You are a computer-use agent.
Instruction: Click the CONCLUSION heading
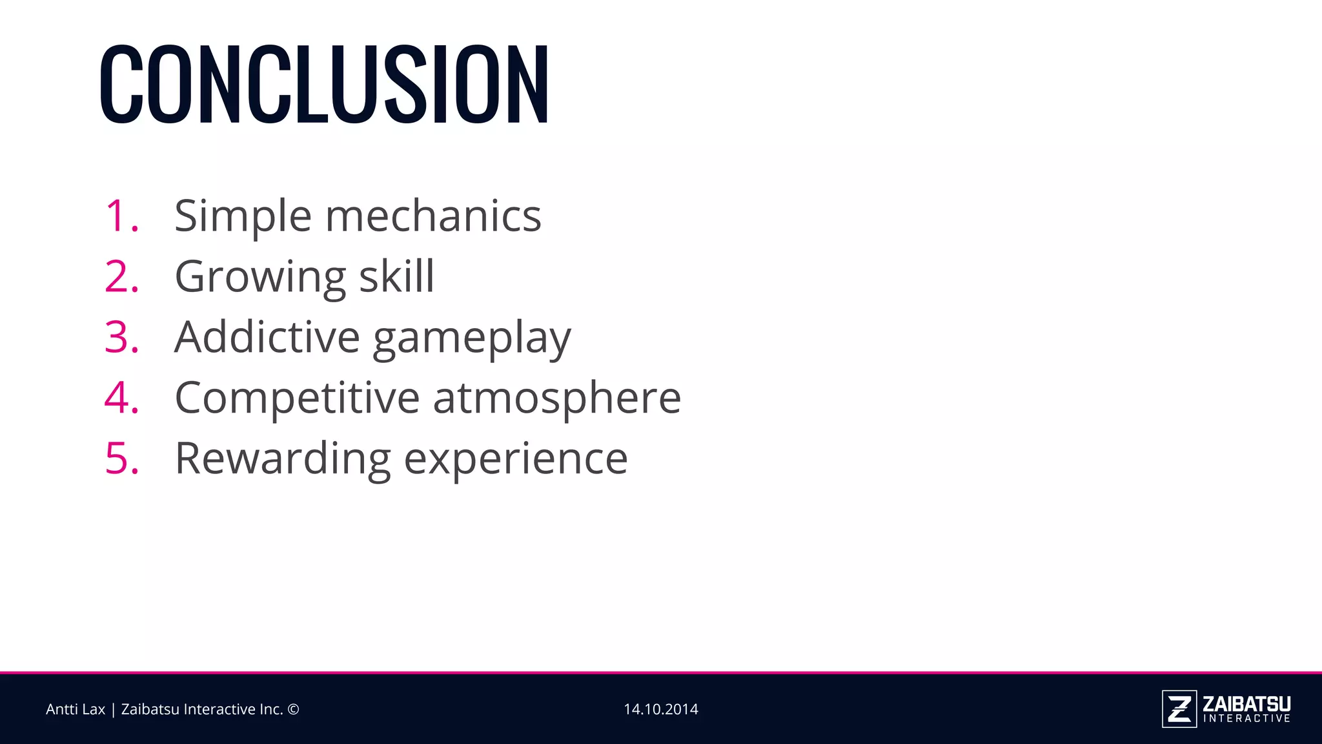(324, 84)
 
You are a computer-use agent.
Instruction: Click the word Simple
(243, 217)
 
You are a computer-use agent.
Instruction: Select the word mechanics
(433, 216)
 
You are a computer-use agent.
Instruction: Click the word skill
(396, 276)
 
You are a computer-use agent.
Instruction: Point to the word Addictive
(267, 337)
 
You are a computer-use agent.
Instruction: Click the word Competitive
(298, 397)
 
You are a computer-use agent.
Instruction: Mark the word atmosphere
(557, 398)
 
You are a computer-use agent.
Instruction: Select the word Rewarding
(283, 459)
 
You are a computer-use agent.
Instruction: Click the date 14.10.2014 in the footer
(660, 709)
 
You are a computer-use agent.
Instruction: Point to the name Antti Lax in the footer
(75, 709)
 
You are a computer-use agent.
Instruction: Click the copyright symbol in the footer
(293, 709)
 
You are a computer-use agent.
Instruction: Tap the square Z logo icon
(1179, 709)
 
